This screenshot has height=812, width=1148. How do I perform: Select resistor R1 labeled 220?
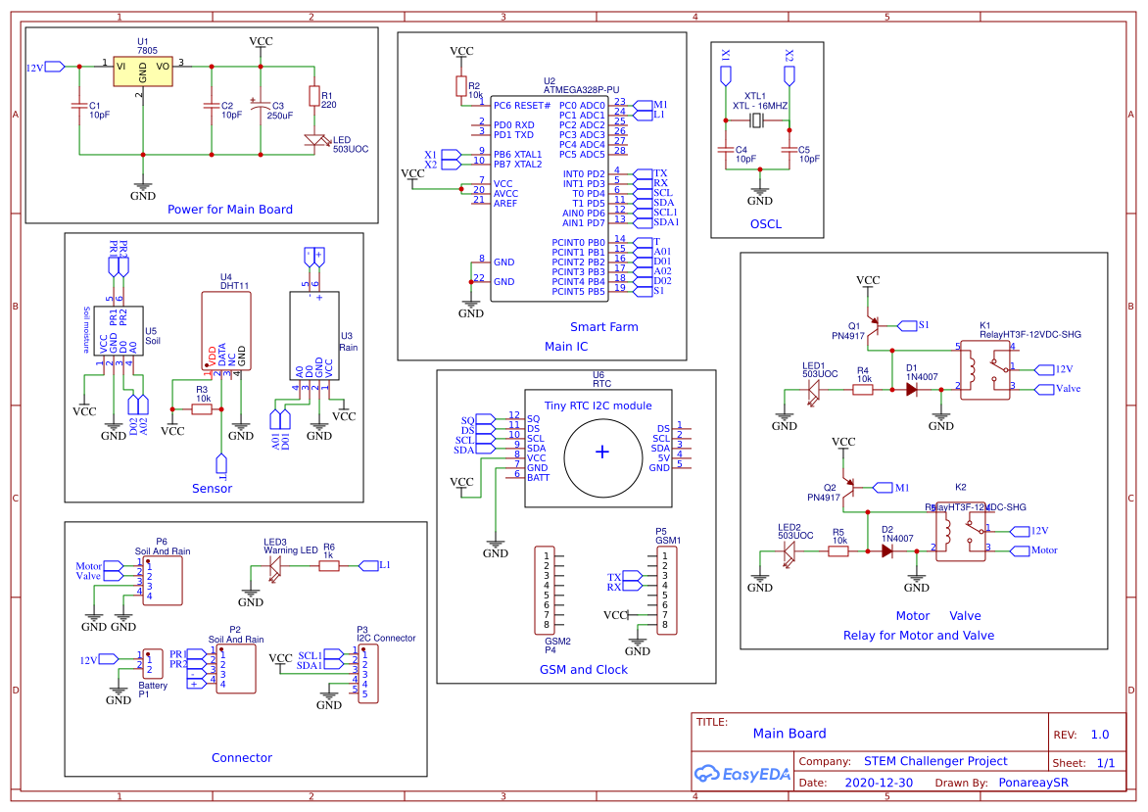[314, 96]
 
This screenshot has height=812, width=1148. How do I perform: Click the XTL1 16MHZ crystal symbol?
[757, 121]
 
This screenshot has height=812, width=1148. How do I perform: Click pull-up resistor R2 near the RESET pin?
[461, 86]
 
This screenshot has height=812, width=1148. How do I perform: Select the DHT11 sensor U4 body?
[224, 330]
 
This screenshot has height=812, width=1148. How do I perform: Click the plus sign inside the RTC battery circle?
[601, 451]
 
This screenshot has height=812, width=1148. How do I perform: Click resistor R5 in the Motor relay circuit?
[838, 551]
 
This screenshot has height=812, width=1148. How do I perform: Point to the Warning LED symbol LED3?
[275, 565]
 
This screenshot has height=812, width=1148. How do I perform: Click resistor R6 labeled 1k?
[329, 565]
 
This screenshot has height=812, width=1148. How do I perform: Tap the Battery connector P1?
[153, 664]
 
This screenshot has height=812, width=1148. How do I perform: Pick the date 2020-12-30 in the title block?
[878, 783]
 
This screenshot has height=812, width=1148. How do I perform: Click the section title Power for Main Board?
[230, 209]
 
